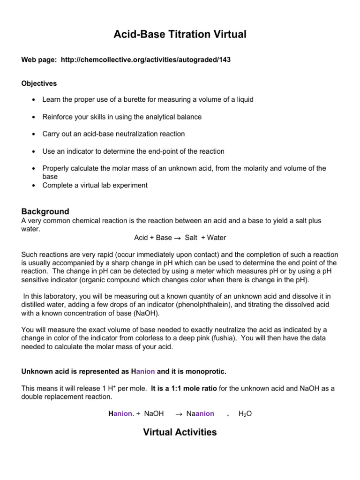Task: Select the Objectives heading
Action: pos(39,83)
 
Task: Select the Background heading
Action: pos(45,211)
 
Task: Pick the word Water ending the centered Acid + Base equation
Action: pos(216,238)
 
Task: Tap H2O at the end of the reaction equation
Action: pos(245,414)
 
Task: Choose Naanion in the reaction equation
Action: pos(200,414)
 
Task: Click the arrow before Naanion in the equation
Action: pos(179,414)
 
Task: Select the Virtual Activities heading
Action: pos(180,432)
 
